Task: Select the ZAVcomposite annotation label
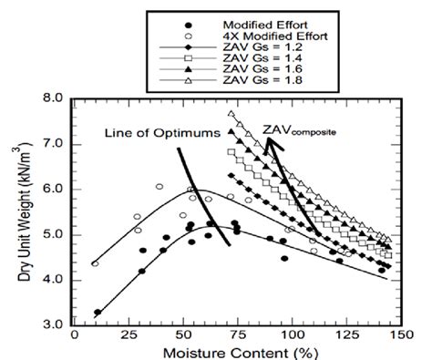pyautogui.click(x=297, y=130)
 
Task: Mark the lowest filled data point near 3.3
pyautogui.click(x=98, y=313)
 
